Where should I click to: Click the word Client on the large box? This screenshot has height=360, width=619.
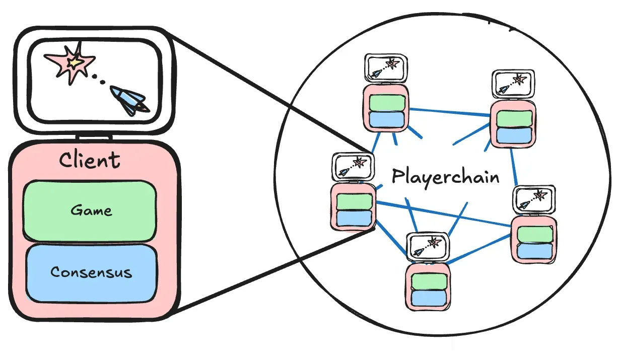90,161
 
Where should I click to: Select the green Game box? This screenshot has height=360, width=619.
90,210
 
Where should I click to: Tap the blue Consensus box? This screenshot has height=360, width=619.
91,273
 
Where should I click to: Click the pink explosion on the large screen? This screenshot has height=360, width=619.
71,63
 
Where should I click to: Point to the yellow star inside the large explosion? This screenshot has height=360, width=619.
75,62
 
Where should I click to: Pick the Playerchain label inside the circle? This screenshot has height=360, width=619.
445,177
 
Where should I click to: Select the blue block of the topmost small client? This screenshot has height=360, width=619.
386,120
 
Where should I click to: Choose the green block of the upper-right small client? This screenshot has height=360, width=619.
514,117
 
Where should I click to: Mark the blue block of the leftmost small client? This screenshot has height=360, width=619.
354,218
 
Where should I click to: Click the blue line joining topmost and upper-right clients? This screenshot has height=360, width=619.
449,112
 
